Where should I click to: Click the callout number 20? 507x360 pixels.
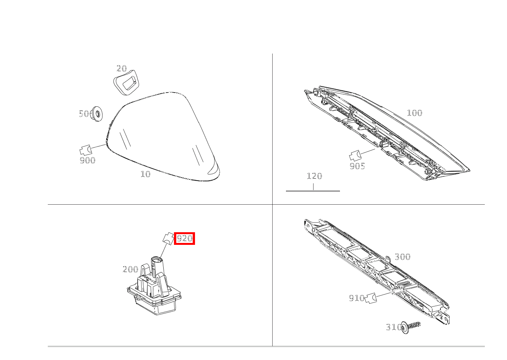[x=122, y=68]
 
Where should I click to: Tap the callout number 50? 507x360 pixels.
[x=84, y=114]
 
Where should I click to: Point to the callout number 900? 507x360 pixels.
[x=88, y=161]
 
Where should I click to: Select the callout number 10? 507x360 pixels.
[x=145, y=174]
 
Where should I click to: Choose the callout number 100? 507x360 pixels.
[x=414, y=113]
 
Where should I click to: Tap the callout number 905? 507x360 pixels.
[x=357, y=166]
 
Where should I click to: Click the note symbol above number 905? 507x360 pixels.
[x=355, y=155]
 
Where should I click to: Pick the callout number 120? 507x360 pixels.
[x=314, y=176]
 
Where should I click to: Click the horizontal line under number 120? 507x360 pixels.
[x=313, y=191]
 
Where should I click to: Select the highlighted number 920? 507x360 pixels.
[x=185, y=239]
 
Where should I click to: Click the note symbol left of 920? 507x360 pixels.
[x=167, y=238]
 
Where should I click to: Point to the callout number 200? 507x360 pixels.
[x=130, y=269]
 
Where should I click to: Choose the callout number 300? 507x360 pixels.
[x=402, y=257]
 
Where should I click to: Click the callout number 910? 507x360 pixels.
[x=356, y=298]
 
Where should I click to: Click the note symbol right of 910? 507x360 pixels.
[x=370, y=298]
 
